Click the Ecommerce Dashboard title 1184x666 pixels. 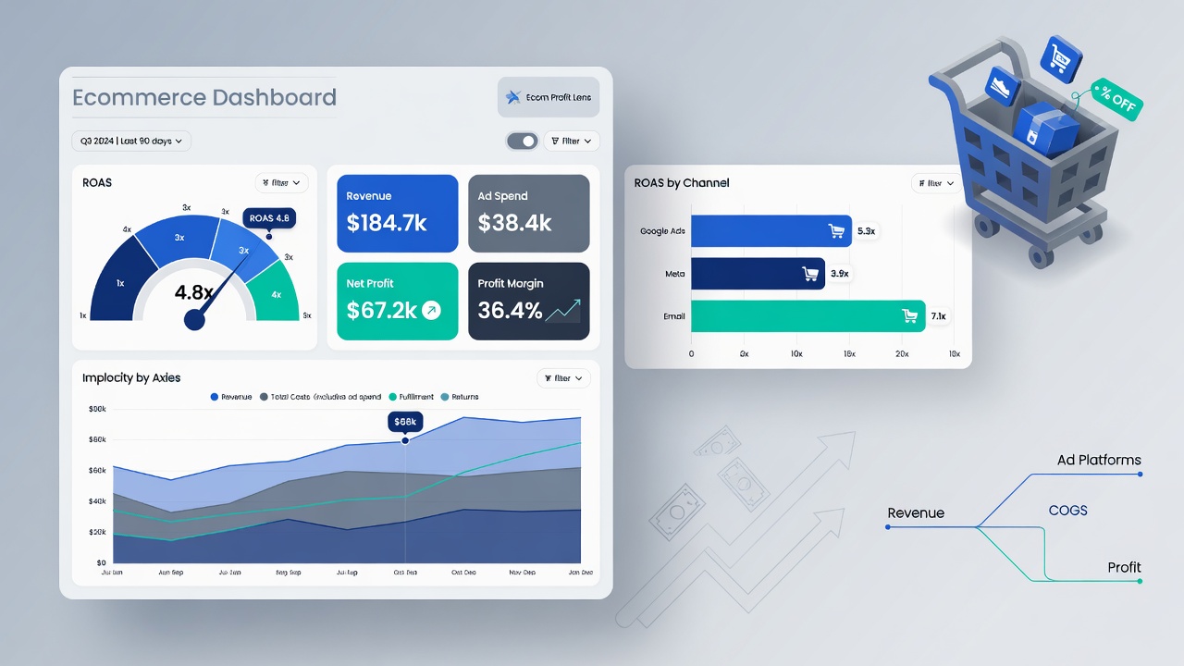204,97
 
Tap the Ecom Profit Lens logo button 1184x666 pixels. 549,97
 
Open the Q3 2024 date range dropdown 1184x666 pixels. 131,141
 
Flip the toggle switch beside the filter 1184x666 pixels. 523,141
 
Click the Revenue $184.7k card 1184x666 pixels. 397,213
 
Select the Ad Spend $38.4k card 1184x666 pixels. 528,213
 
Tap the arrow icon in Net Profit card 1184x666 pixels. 431,311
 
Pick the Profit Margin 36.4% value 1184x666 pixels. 510,311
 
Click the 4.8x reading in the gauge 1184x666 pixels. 194,292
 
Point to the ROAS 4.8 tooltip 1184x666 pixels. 269,218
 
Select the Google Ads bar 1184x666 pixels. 771,231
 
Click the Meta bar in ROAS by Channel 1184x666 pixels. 758,273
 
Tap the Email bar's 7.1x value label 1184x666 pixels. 938,316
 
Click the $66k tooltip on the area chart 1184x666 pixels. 405,421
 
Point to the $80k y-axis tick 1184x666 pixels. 97,408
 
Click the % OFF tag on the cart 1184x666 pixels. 1116,98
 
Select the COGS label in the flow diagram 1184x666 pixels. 1067,511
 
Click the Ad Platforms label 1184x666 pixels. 1099,460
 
